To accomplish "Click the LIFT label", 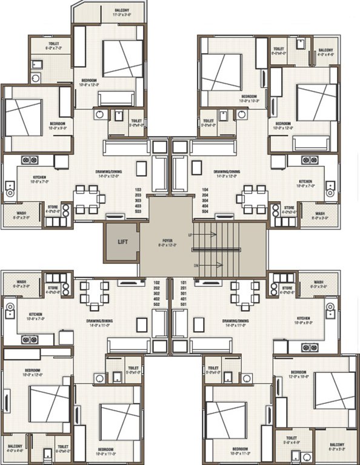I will (122, 241).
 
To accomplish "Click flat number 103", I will (138, 190).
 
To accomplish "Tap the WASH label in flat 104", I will (319, 213).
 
